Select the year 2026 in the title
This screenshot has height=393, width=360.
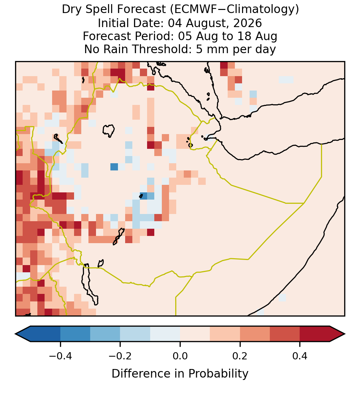tap(248, 23)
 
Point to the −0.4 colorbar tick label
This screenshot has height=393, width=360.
tap(60, 356)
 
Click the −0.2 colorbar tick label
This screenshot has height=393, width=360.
tap(120, 356)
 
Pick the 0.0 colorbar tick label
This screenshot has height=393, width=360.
tap(180, 356)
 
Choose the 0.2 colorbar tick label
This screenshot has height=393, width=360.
tap(240, 356)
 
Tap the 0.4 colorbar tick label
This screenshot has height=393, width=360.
tap(300, 356)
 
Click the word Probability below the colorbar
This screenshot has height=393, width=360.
tap(218, 374)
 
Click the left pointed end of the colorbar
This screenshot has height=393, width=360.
tap(15, 334)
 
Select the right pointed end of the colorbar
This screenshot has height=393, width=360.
tap(345, 334)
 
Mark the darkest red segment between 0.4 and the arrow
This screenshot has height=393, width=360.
tap(315, 334)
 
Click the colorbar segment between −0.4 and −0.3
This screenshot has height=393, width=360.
tap(75, 334)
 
